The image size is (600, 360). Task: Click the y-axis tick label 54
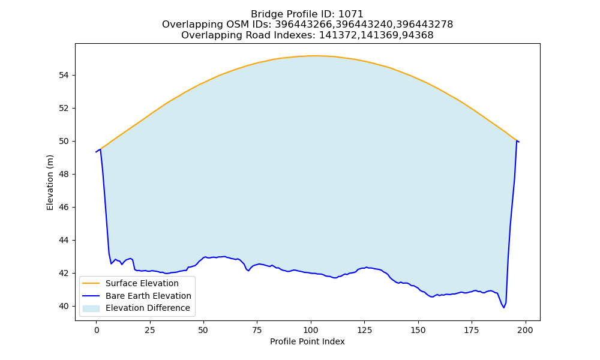click(x=64, y=76)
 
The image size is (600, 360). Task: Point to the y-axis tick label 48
click(x=64, y=175)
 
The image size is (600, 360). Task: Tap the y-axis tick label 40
click(x=64, y=307)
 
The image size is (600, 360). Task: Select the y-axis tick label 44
click(x=64, y=240)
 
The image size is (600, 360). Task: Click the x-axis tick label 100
click(x=311, y=330)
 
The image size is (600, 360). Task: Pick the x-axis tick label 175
click(x=472, y=330)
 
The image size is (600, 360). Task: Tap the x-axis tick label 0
click(x=97, y=330)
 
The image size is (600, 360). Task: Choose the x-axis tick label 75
click(x=257, y=330)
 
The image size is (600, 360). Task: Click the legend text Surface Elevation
click(x=142, y=283)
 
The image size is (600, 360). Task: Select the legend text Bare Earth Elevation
click(x=148, y=296)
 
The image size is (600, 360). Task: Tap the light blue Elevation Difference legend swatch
click(x=91, y=308)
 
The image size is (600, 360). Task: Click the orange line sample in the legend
click(x=91, y=283)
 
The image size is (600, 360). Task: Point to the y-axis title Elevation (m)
click(x=50, y=182)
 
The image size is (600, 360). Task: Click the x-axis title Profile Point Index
click(x=307, y=341)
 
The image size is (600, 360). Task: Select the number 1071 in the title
click(x=351, y=14)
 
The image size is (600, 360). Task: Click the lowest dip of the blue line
click(x=503, y=307)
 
